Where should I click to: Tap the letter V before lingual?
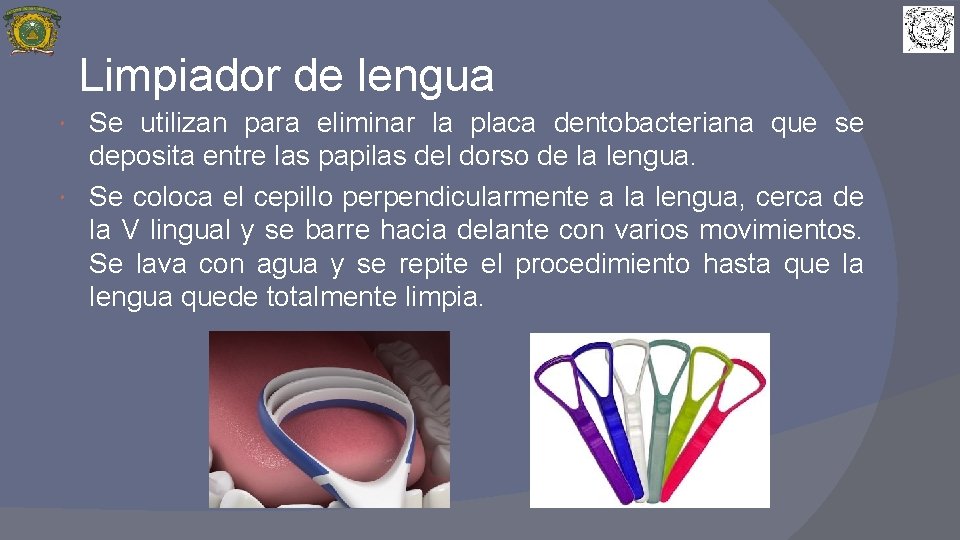click(130, 231)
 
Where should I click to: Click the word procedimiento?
click(602, 264)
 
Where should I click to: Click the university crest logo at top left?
click(32, 30)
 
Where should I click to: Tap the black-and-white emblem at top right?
click(928, 29)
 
